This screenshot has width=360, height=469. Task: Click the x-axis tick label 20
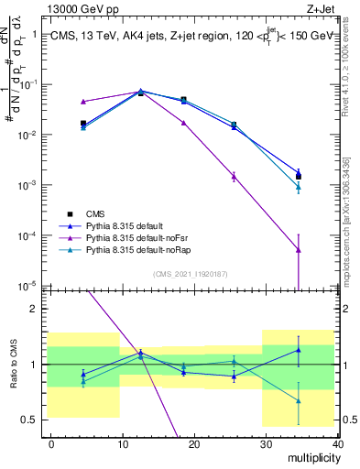194,442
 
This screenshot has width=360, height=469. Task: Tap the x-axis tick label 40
337,442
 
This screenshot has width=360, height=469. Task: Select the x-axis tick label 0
51,442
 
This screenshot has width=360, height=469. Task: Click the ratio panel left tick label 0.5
27,420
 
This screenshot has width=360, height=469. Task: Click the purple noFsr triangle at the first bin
83,102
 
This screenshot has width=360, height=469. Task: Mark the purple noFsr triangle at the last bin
299,249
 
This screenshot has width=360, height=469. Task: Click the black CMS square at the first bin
83,123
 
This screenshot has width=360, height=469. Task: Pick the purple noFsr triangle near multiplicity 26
235,177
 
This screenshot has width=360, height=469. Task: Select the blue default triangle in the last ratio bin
299,350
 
